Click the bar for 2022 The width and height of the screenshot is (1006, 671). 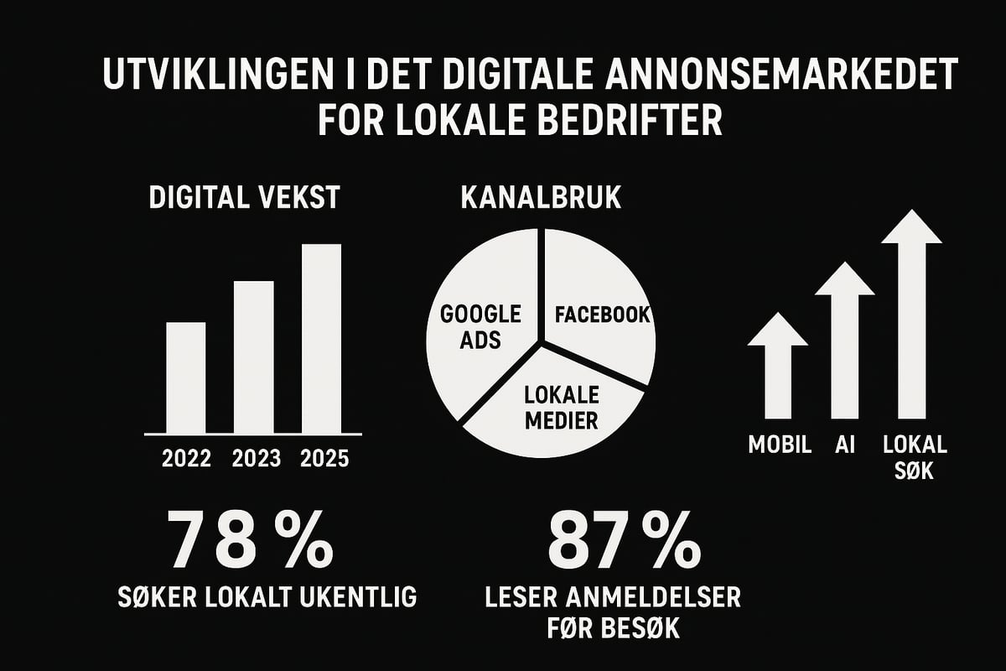(x=185, y=377)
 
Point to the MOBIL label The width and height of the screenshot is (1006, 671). (x=780, y=445)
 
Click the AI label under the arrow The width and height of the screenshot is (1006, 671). (x=844, y=445)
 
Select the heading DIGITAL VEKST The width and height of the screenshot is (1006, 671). (x=244, y=198)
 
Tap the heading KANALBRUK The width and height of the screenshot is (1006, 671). (x=541, y=198)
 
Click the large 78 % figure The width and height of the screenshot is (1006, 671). (x=251, y=538)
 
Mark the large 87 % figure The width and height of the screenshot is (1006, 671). (x=624, y=538)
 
